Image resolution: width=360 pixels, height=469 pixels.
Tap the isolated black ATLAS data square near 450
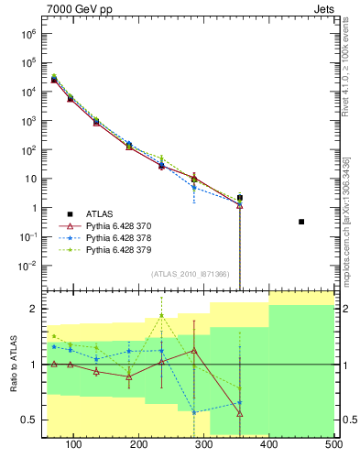pyautogui.click(x=301, y=222)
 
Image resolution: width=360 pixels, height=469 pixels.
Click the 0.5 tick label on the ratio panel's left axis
pyautogui.click(x=30, y=420)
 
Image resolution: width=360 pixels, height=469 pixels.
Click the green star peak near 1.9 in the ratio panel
pyautogui.click(x=161, y=315)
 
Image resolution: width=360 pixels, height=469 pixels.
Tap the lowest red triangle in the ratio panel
pyautogui.click(x=239, y=414)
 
